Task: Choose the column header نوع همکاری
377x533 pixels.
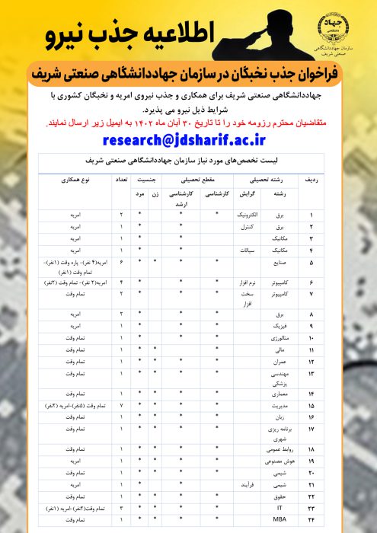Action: coord(74,180)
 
